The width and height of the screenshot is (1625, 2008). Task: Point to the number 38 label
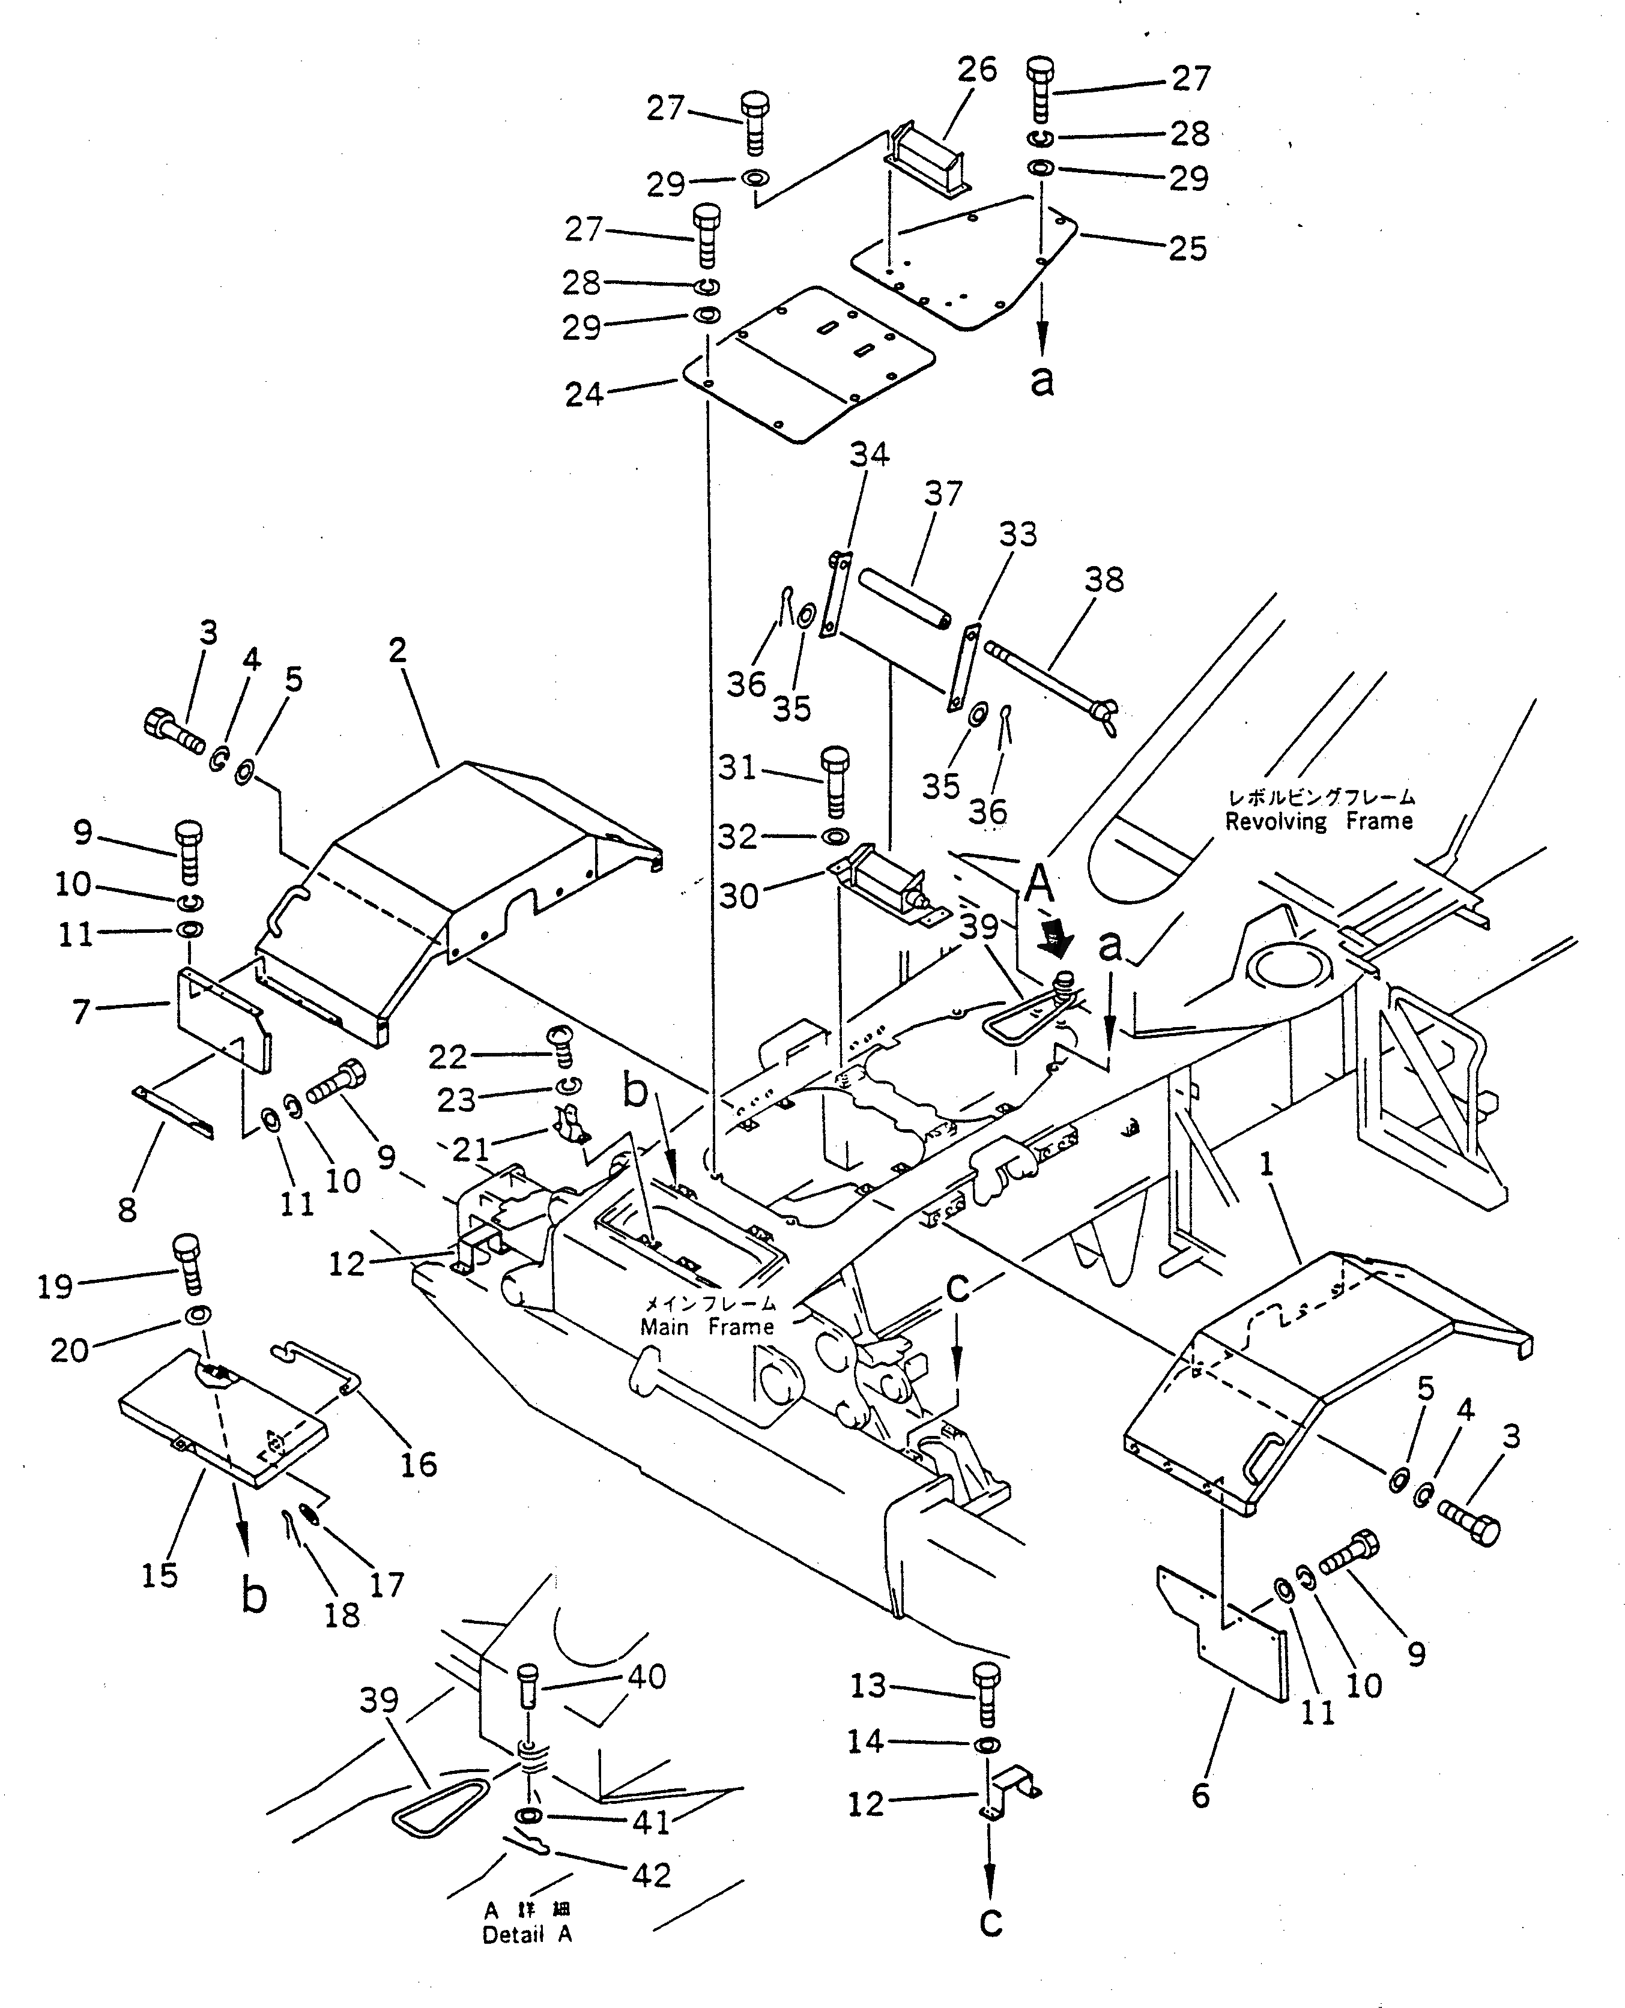[x=1104, y=579]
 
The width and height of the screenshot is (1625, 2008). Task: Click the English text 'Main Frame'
[x=707, y=1327]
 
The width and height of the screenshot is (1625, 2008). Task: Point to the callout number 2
[x=398, y=650]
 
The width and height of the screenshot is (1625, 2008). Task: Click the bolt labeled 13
[x=987, y=1693]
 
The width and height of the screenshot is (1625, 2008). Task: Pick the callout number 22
[x=447, y=1057]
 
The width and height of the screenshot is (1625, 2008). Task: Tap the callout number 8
[x=127, y=1209]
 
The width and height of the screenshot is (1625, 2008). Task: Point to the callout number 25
[x=1187, y=249]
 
